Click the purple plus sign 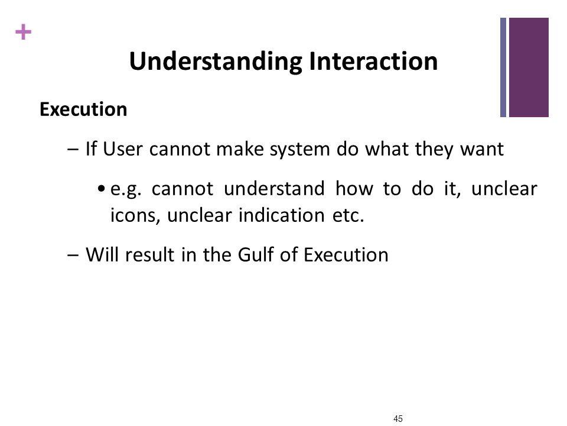pos(24,32)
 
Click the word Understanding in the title pos(216,62)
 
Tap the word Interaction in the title pos(373,61)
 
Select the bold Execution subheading pos(83,109)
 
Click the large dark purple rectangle pos(529,67)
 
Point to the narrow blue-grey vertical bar pos(503,67)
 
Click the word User pos(123,149)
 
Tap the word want pos(482,150)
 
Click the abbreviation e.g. pos(126,189)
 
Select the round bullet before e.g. pos(102,189)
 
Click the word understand pos(274,188)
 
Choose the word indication pos(281,215)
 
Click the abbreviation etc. pos(348,216)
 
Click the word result pos(149,254)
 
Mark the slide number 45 pos(397,419)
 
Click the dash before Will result pos(73,255)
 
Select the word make pos(240,149)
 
